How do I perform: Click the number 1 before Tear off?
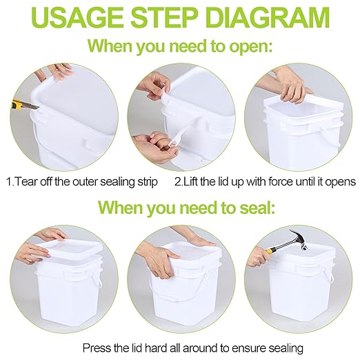tap(9, 182)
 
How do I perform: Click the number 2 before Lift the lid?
tap(177, 182)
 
